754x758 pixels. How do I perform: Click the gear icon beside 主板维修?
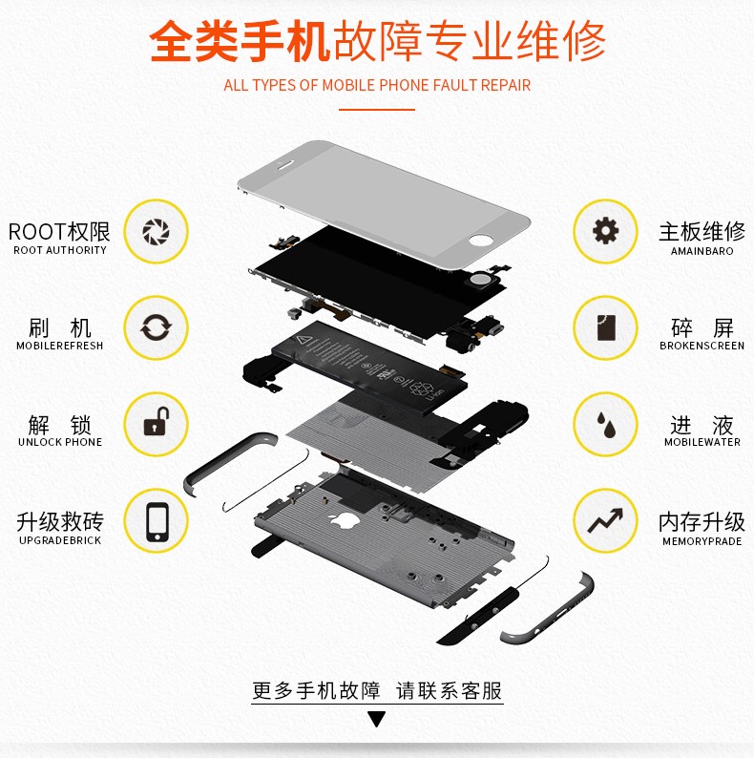coord(605,231)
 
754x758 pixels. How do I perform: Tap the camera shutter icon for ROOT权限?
coord(156,231)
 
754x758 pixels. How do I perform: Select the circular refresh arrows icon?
coord(156,328)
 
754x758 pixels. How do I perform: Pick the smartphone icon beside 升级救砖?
coord(156,521)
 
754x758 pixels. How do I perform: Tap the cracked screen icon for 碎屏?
coord(605,328)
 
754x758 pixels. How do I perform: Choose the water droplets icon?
coord(605,424)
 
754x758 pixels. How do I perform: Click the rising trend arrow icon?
coord(605,521)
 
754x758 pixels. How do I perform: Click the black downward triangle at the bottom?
coord(377,720)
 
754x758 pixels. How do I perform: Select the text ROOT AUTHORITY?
coord(60,250)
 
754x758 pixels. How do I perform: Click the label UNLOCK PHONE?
coord(60,442)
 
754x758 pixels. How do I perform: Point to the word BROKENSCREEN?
coord(702,346)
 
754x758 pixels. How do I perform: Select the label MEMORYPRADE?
coord(702,541)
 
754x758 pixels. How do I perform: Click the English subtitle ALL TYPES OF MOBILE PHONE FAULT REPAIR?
coord(377,85)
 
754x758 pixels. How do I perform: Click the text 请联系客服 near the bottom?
coord(450,690)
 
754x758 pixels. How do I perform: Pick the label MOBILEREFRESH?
coord(60,346)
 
